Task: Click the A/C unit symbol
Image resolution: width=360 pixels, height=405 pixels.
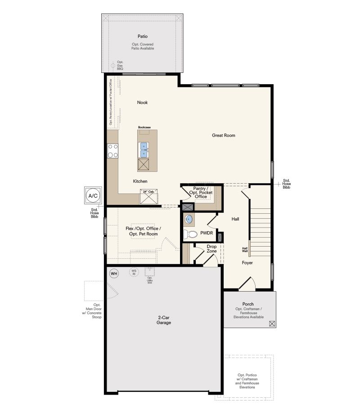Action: (93, 196)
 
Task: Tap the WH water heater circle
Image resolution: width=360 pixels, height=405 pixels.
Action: (114, 273)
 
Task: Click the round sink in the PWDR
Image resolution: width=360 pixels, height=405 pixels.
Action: (189, 219)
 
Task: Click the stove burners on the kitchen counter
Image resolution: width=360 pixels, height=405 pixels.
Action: (112, 150)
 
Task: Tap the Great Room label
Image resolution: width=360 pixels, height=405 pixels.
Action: (224, 135)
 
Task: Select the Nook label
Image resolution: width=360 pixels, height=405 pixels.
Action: (142, 103)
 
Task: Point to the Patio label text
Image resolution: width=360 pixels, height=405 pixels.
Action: (143, 36)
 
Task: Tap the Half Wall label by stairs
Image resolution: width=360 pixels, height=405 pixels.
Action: (245, 250)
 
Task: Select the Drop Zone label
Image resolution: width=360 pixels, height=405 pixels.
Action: (211, 249)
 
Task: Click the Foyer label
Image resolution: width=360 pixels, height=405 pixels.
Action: (247, 262)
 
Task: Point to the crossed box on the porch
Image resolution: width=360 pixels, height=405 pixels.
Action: (271, 323)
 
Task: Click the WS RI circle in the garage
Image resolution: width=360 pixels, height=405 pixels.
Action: (134, 272)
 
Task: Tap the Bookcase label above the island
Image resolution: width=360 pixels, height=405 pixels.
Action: (144, 127)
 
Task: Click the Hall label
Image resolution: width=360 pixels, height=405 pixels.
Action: (235, 219)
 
